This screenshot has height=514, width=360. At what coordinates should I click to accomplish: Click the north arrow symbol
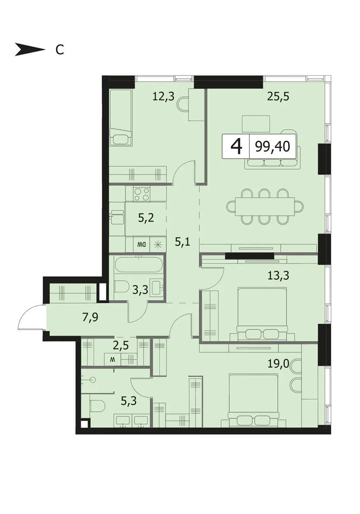pos(30,49)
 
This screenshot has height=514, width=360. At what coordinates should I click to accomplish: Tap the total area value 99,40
pos(273,146)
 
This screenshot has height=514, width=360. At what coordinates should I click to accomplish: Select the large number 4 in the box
pos(236,146)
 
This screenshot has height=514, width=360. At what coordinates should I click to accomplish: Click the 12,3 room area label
pos(163,97)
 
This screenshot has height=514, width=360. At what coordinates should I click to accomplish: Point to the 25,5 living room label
pos(278,97)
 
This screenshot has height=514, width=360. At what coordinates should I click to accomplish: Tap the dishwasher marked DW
pos(142,245)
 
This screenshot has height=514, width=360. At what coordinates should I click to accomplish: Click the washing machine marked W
pos(112,359)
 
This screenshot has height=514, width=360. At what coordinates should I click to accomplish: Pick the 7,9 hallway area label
pos(90,318)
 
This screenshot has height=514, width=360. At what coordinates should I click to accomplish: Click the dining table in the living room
pos(265,206)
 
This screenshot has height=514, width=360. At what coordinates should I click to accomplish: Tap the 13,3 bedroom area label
pos(278,276)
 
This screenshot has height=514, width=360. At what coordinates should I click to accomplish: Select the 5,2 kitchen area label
pos(146,218)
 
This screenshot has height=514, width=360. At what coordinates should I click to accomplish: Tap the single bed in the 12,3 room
pos(121,117)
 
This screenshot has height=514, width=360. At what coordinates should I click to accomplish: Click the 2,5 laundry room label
pos(121,346)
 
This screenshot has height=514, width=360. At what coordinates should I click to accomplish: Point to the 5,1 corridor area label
pos(183,242)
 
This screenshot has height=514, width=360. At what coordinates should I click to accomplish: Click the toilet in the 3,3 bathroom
pos(122,286)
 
